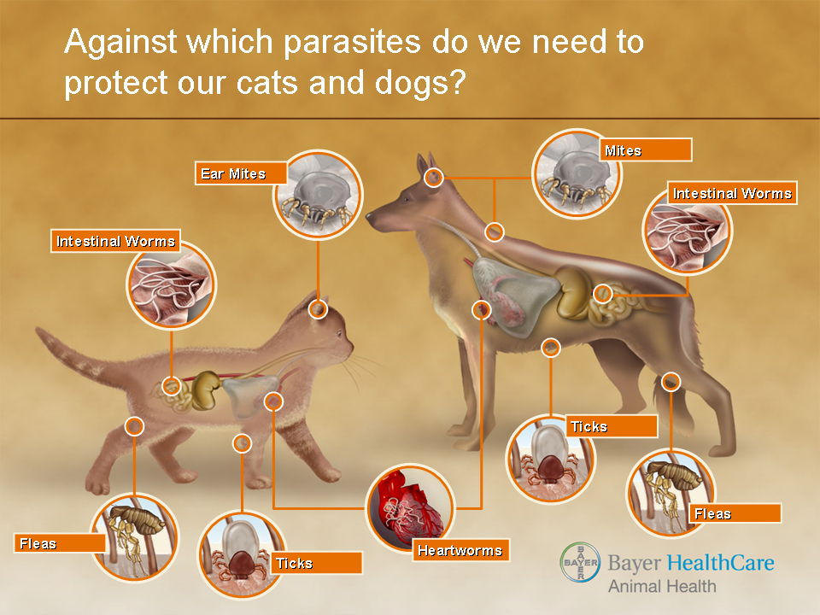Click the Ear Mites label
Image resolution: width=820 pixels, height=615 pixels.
pyautogui.click(x=241, y=173)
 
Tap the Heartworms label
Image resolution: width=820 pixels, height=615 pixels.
pyautogui.click(x=460, y=550)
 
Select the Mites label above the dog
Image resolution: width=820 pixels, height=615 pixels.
pyautogui.click(x=646, y=150)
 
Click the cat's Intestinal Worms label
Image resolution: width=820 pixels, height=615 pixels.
pyautogui.click(x=115, y=241)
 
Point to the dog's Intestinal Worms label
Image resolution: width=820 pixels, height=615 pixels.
pyautogui.click(x=732, y=193)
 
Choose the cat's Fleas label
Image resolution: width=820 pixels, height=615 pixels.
pyautogui.click(x=60, y=543)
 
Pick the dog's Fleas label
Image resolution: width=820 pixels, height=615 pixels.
pyautogui.click(x=735, y=513)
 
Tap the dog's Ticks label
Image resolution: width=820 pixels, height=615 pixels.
pyautogui.click(x=612, y=426)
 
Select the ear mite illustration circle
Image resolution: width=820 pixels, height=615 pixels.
pyautogui.click(x=318, y=195)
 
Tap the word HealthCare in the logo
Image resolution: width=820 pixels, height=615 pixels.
pyautogui.click(x=721, y=563)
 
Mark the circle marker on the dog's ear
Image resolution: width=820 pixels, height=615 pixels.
pyautogui.click(x=434, y=178)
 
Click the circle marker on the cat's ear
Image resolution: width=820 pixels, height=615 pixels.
pyautogui.click(x=318, y=309)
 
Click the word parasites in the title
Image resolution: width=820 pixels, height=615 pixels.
pyautogui.click(x=352, y=43)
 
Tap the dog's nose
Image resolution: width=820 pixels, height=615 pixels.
pyautogui.click(x=370, y=216)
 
